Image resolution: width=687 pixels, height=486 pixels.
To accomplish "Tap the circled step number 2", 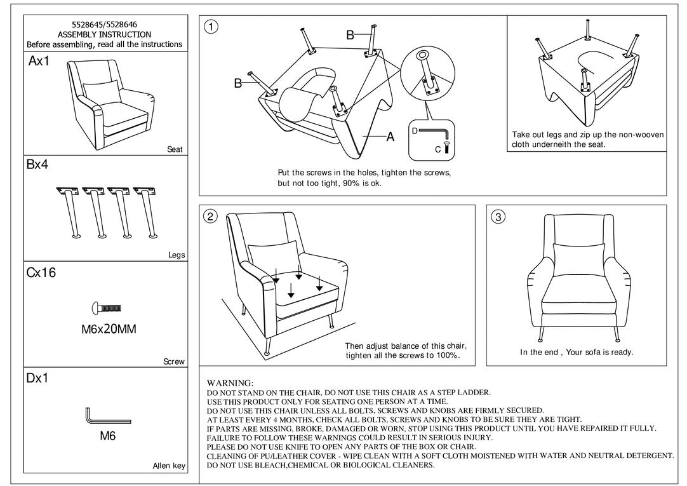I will click(211, 217).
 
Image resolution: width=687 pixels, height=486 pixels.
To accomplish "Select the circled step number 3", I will click(498, 217).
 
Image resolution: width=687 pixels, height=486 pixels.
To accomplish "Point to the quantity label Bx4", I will click(37, 165).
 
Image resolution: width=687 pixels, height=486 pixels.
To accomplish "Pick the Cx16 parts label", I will click(41, 273).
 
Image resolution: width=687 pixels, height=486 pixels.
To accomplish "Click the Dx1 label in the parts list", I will click(37, 379).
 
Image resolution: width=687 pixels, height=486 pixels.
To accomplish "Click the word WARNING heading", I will click(230, 384).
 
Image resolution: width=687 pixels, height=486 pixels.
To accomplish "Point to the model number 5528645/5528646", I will click(104, 25).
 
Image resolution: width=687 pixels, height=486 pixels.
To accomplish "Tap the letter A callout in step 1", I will click(390, 137).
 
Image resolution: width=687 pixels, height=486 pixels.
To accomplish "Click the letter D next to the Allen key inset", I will click(414, 130).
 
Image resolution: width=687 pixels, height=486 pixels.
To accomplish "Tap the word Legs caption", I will click(177, 255).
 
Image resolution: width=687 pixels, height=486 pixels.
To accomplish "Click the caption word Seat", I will click(175, 150).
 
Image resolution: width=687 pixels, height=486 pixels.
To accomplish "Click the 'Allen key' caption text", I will click(169, 466).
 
